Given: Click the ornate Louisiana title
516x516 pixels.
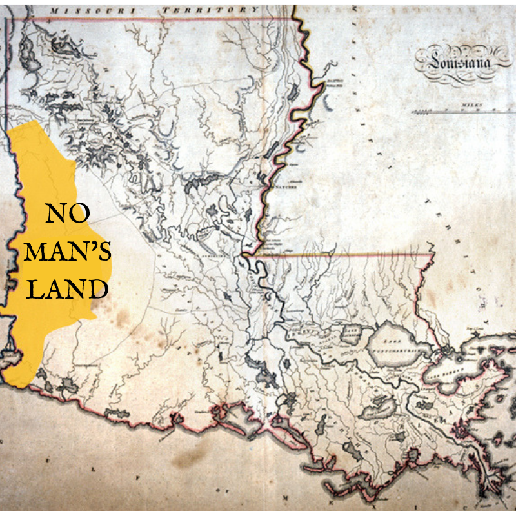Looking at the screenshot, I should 456,61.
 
